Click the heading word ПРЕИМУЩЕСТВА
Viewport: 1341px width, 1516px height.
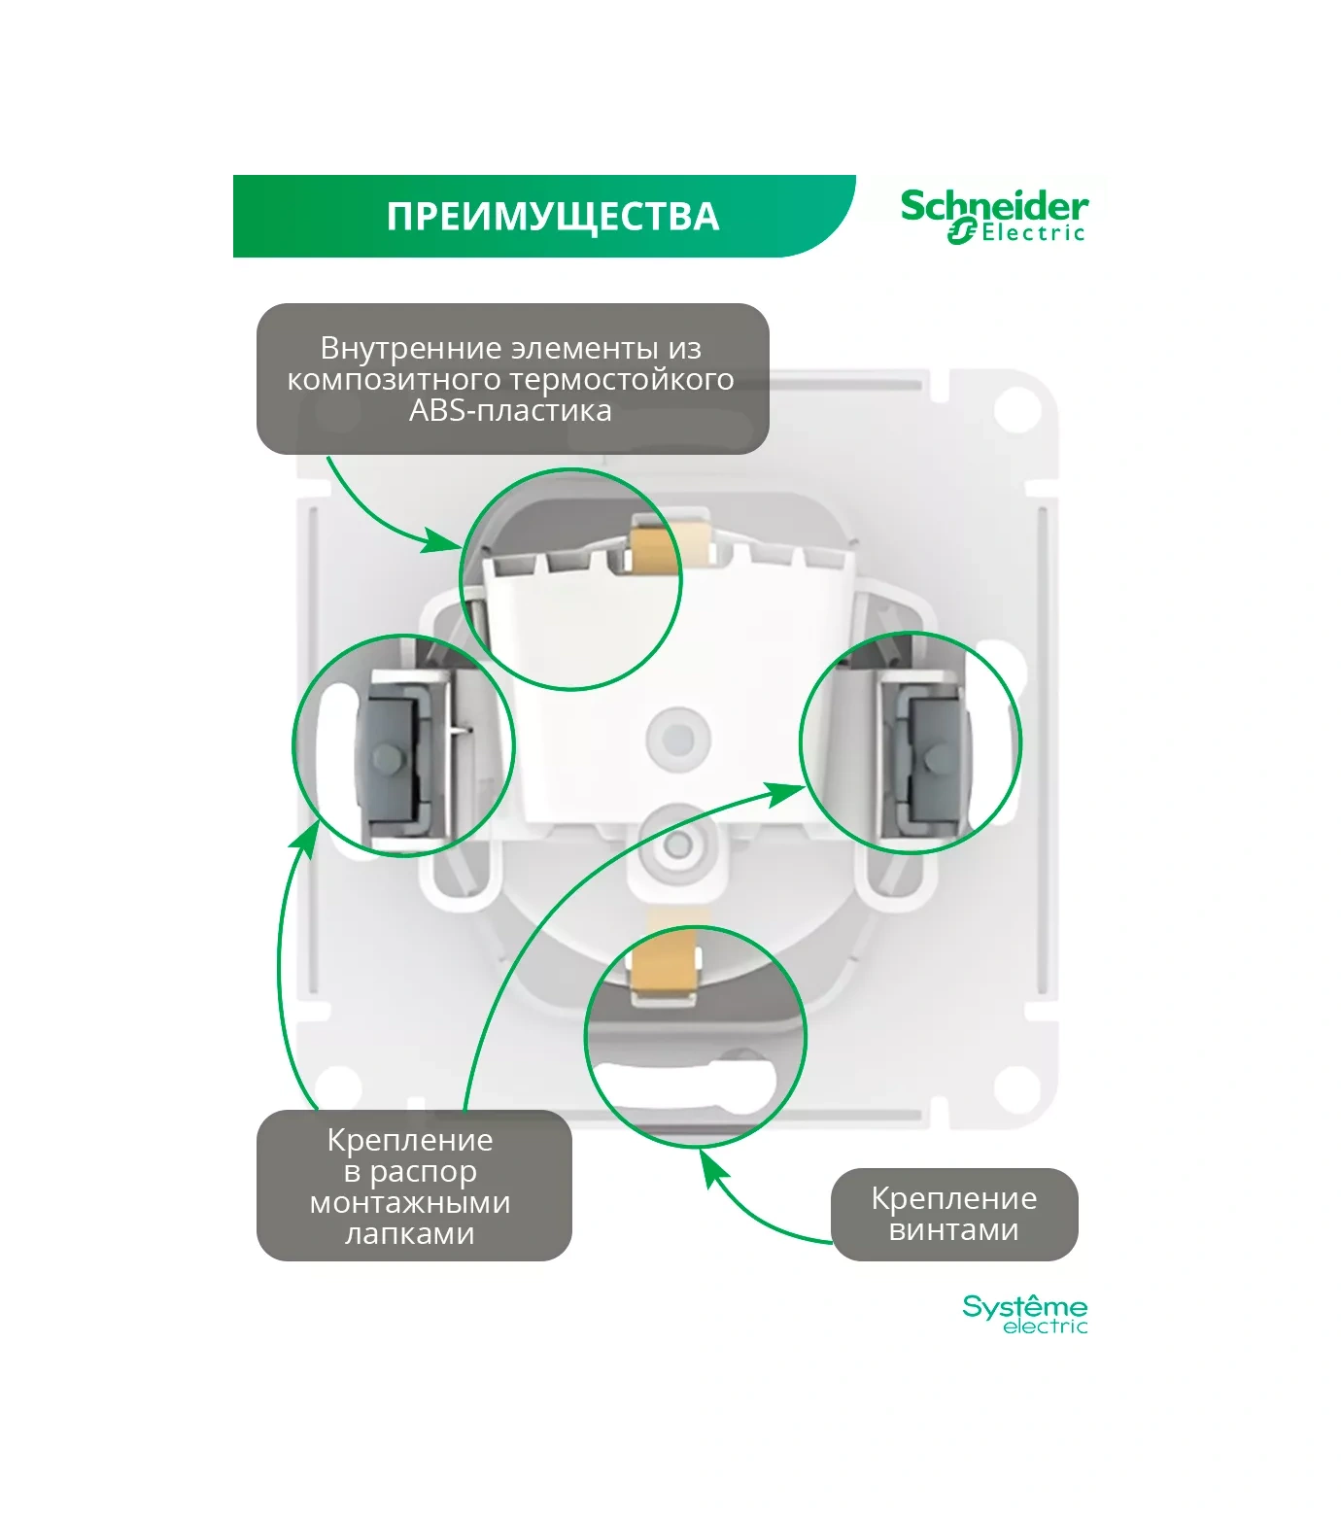click(552, 217)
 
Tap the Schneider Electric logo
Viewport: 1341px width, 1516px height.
click(993, 216)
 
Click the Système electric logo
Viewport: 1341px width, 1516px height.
click(1024, 1314)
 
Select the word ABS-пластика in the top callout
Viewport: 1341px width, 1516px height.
click(510, 411)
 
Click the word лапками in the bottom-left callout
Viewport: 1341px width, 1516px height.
click(410, 1234)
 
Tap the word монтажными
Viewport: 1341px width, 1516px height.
click(410, 1203)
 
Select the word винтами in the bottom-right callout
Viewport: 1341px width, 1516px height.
click(953, 1230)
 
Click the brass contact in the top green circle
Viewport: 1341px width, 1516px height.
click(655, 550)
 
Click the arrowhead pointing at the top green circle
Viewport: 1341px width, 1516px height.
click(443, 539)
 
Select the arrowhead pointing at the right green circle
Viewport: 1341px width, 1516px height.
click(786, 793)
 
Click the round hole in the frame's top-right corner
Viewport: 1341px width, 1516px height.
click(1017, 408)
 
